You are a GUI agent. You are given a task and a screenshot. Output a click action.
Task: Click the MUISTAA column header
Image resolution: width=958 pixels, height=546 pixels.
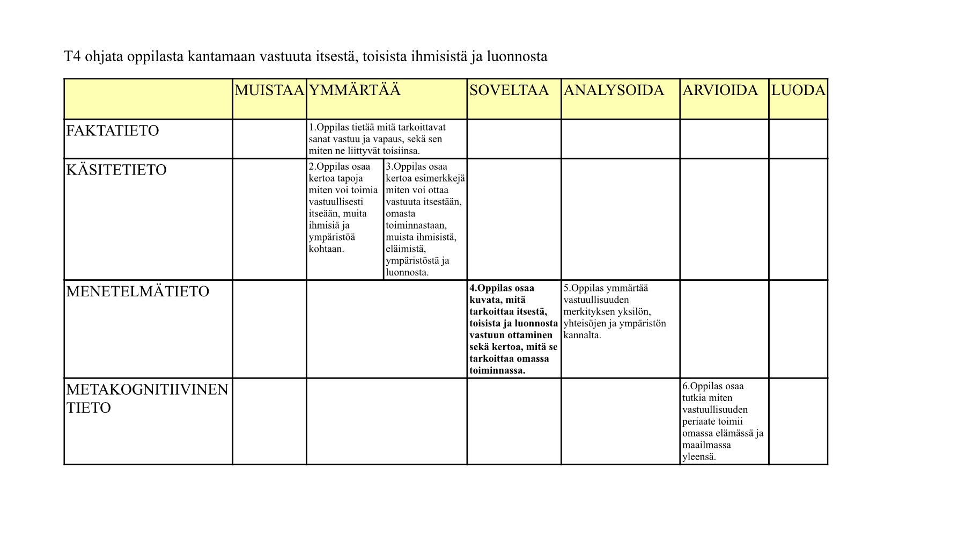point(269,90)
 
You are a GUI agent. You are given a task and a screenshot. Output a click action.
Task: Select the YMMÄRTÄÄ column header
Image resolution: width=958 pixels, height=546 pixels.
point(355,90)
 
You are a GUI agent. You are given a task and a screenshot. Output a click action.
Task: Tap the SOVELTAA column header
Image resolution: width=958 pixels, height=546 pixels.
point(509,90)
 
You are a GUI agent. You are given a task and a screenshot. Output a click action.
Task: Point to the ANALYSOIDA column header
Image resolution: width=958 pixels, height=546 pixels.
point(614,90)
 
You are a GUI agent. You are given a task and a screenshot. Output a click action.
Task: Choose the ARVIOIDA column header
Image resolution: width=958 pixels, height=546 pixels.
point(720,90)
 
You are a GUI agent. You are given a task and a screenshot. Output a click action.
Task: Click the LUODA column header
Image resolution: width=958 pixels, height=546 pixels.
point(798,90)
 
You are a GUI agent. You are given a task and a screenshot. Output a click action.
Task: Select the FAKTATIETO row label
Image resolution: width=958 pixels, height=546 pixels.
point(113,131)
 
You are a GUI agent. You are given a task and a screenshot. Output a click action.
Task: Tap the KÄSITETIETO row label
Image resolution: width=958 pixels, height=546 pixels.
point(116,170)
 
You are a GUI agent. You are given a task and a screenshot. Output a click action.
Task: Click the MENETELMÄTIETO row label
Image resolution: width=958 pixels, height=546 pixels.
point(137,292)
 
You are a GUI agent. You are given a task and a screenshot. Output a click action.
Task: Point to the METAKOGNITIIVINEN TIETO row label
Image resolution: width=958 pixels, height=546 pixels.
point(147,398)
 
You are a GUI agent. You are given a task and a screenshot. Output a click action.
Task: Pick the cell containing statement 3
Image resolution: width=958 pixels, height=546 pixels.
point(425,219)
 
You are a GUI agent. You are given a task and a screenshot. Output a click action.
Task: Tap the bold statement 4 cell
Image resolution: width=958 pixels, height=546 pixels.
point(513,329)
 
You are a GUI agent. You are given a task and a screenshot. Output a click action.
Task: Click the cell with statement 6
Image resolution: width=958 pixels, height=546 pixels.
point(723,421)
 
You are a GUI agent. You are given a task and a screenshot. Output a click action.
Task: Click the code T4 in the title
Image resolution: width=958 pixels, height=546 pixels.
point(72,56)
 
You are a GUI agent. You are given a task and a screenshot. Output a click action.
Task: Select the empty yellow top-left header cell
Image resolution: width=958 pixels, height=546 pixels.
point(148,99)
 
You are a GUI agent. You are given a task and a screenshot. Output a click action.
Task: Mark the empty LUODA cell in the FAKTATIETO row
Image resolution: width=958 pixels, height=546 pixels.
point(798,139)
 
